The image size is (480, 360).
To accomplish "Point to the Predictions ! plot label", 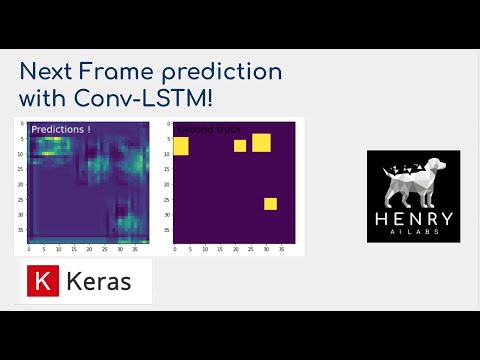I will coord(61,129).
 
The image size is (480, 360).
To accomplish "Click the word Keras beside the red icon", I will coord(98,282).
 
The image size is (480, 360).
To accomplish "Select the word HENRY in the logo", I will coord(412,218).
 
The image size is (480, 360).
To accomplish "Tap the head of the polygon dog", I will coord(433,167).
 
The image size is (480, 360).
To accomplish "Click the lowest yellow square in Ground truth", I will coord(270,204).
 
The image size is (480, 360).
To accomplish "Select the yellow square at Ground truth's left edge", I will coord(181,147).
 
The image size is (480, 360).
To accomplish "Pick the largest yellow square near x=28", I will coord(261,142).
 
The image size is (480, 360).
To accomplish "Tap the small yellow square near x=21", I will coord(240,146).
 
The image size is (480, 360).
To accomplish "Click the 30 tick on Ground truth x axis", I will coord(265,247).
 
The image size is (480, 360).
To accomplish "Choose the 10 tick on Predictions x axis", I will coord(59,247).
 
